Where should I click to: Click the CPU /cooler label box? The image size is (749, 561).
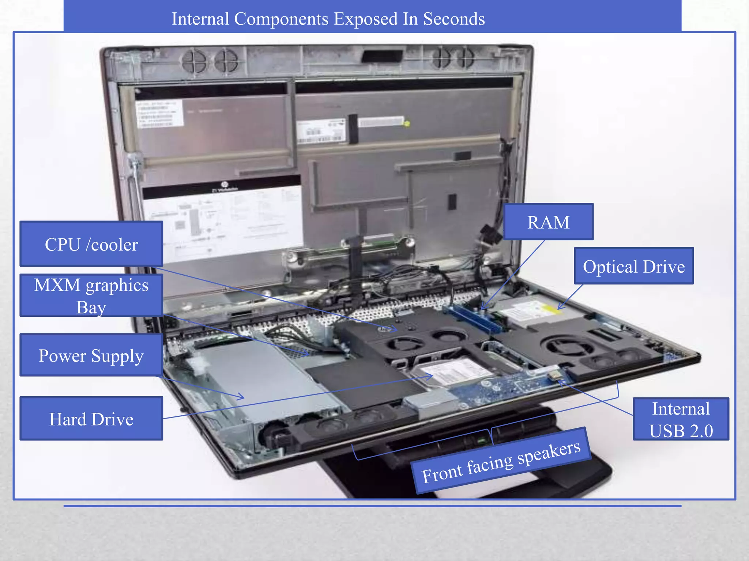[x=91, y=244]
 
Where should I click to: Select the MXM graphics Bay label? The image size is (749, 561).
[x=91, y=295]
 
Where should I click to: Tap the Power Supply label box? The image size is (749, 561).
[x=91, y=355]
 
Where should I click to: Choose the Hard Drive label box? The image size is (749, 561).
[x=91, y=419]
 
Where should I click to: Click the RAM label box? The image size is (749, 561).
[x=548, y=222]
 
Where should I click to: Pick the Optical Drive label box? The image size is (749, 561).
[x=633, y=266]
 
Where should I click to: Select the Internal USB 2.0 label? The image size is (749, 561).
[x=681, y=419]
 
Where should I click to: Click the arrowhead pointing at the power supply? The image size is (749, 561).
[x=241, y=397]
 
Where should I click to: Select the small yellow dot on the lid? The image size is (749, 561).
[x=407, y=123]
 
